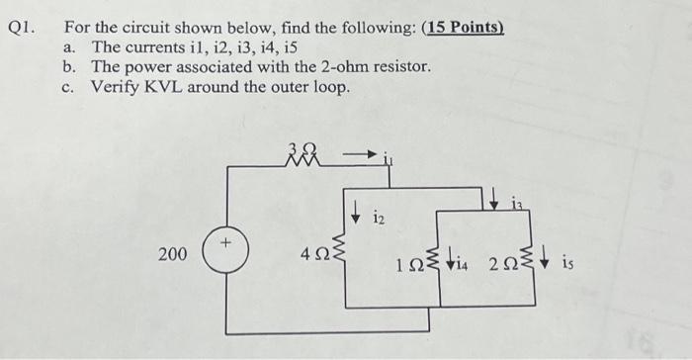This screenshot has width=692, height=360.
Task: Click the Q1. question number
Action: point(23,27)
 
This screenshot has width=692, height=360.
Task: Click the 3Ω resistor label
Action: point(299,148)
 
